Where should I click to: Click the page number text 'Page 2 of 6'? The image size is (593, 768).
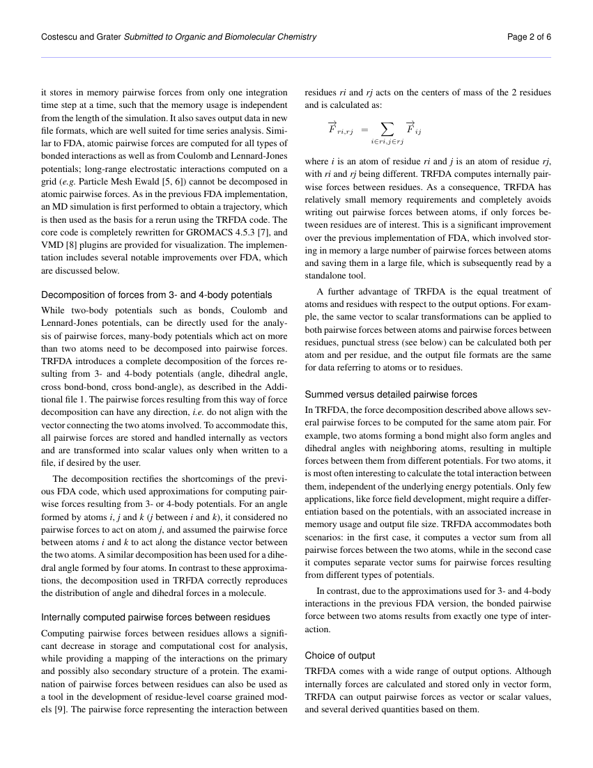[529, 37]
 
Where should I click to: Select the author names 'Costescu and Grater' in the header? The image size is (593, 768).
[81, 37]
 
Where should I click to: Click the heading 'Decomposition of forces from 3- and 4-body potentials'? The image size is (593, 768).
[157, 295]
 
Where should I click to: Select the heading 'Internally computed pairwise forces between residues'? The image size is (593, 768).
[155, 617]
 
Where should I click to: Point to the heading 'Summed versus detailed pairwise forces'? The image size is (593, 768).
[391, 394]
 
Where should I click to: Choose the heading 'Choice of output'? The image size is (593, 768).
[340, 655]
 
